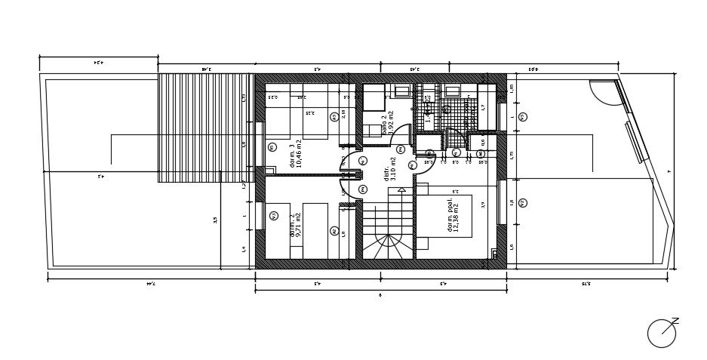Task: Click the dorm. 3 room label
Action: pyautogui.click(x=296, y=153)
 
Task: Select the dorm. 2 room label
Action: pyautogui.click(x=296, y=225)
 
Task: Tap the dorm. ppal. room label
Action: pyautogui.click(x=453, y=215)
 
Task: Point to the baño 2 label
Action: pyautogui.click(x=387, y=123)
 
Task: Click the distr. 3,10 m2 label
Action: pyautogui.click(x=389, y=169)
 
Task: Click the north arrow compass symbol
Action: pyautogui.click(x=662, y=333)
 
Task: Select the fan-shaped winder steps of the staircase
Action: pyautogui.click(x=388, y=246)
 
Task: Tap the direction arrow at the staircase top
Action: pyautogui.click(x=401, y=190)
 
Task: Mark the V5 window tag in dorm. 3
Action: pyautogui.click(x=272, y=147)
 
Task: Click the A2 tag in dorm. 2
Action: pyautogui.click(x=334, y=231)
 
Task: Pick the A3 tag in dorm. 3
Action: pyautogui.click(x=334, y=117)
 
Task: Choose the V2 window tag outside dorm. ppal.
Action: pyautogui.click(x=523, y=203)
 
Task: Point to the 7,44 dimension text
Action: pyautogui.click(x=150, y=284)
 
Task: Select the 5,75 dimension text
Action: pyautogui.click(x=586, y=284)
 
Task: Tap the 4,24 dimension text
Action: pyautogui.click(x=98, y=63)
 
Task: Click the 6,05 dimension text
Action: pyautogui.click(x=533, y=69)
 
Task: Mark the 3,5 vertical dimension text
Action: pyautogui.click(x=216, y=220)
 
